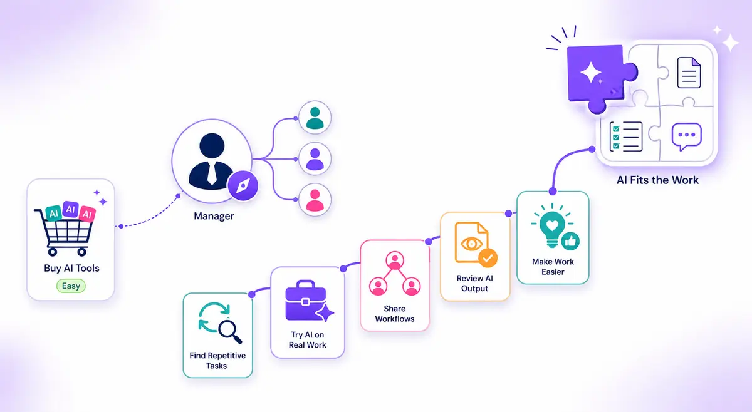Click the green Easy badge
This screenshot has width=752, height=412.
point(71,286)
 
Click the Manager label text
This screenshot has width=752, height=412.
point(214,216)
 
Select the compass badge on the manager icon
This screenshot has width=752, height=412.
point(243,185)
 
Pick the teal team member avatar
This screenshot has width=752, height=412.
point(315,118)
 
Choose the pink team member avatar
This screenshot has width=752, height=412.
point(315,200)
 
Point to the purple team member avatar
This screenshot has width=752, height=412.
point(315,158)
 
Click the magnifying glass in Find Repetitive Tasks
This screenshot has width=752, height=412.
point(229,331)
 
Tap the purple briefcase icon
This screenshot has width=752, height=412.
point(306,301)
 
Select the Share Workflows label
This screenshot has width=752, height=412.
point(394,314)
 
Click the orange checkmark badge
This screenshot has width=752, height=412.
point(488,258)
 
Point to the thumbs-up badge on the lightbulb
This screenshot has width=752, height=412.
point(570,241)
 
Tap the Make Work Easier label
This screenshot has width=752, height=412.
point(553,267)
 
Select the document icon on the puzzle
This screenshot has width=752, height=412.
point(689,73)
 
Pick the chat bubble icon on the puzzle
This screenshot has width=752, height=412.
point(687,136)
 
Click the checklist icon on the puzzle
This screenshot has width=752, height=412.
point(626,136)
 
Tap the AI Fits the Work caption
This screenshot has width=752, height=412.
point(657,180)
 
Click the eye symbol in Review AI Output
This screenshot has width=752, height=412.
point(471,244)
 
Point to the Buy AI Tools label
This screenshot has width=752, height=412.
point(71,268)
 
